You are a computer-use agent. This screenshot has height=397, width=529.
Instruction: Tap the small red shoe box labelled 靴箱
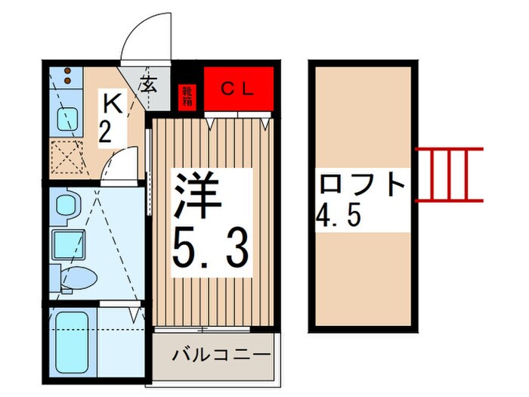[187, 96]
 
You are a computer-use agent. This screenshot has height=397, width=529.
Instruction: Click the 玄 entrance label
[149, 84]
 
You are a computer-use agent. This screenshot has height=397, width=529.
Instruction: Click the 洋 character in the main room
[199, 196]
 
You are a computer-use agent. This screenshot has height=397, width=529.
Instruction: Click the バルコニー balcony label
[221, 355]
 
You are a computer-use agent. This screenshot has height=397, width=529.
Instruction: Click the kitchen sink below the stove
[65, 119]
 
